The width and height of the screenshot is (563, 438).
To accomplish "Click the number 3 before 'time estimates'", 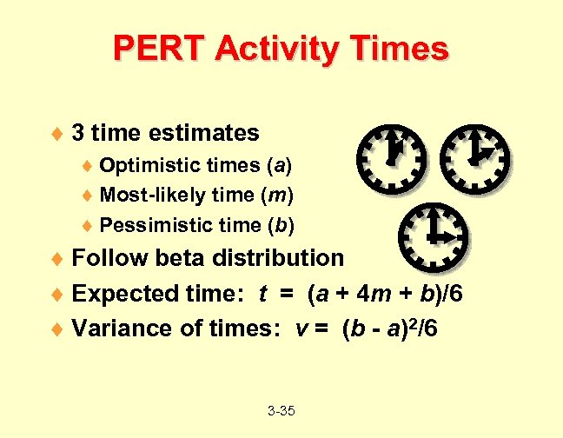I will tap(78, 133).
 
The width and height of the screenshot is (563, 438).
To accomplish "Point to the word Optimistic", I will tap(148, 165).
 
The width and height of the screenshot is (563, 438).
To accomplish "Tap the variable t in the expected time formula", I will tap(263, 294).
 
